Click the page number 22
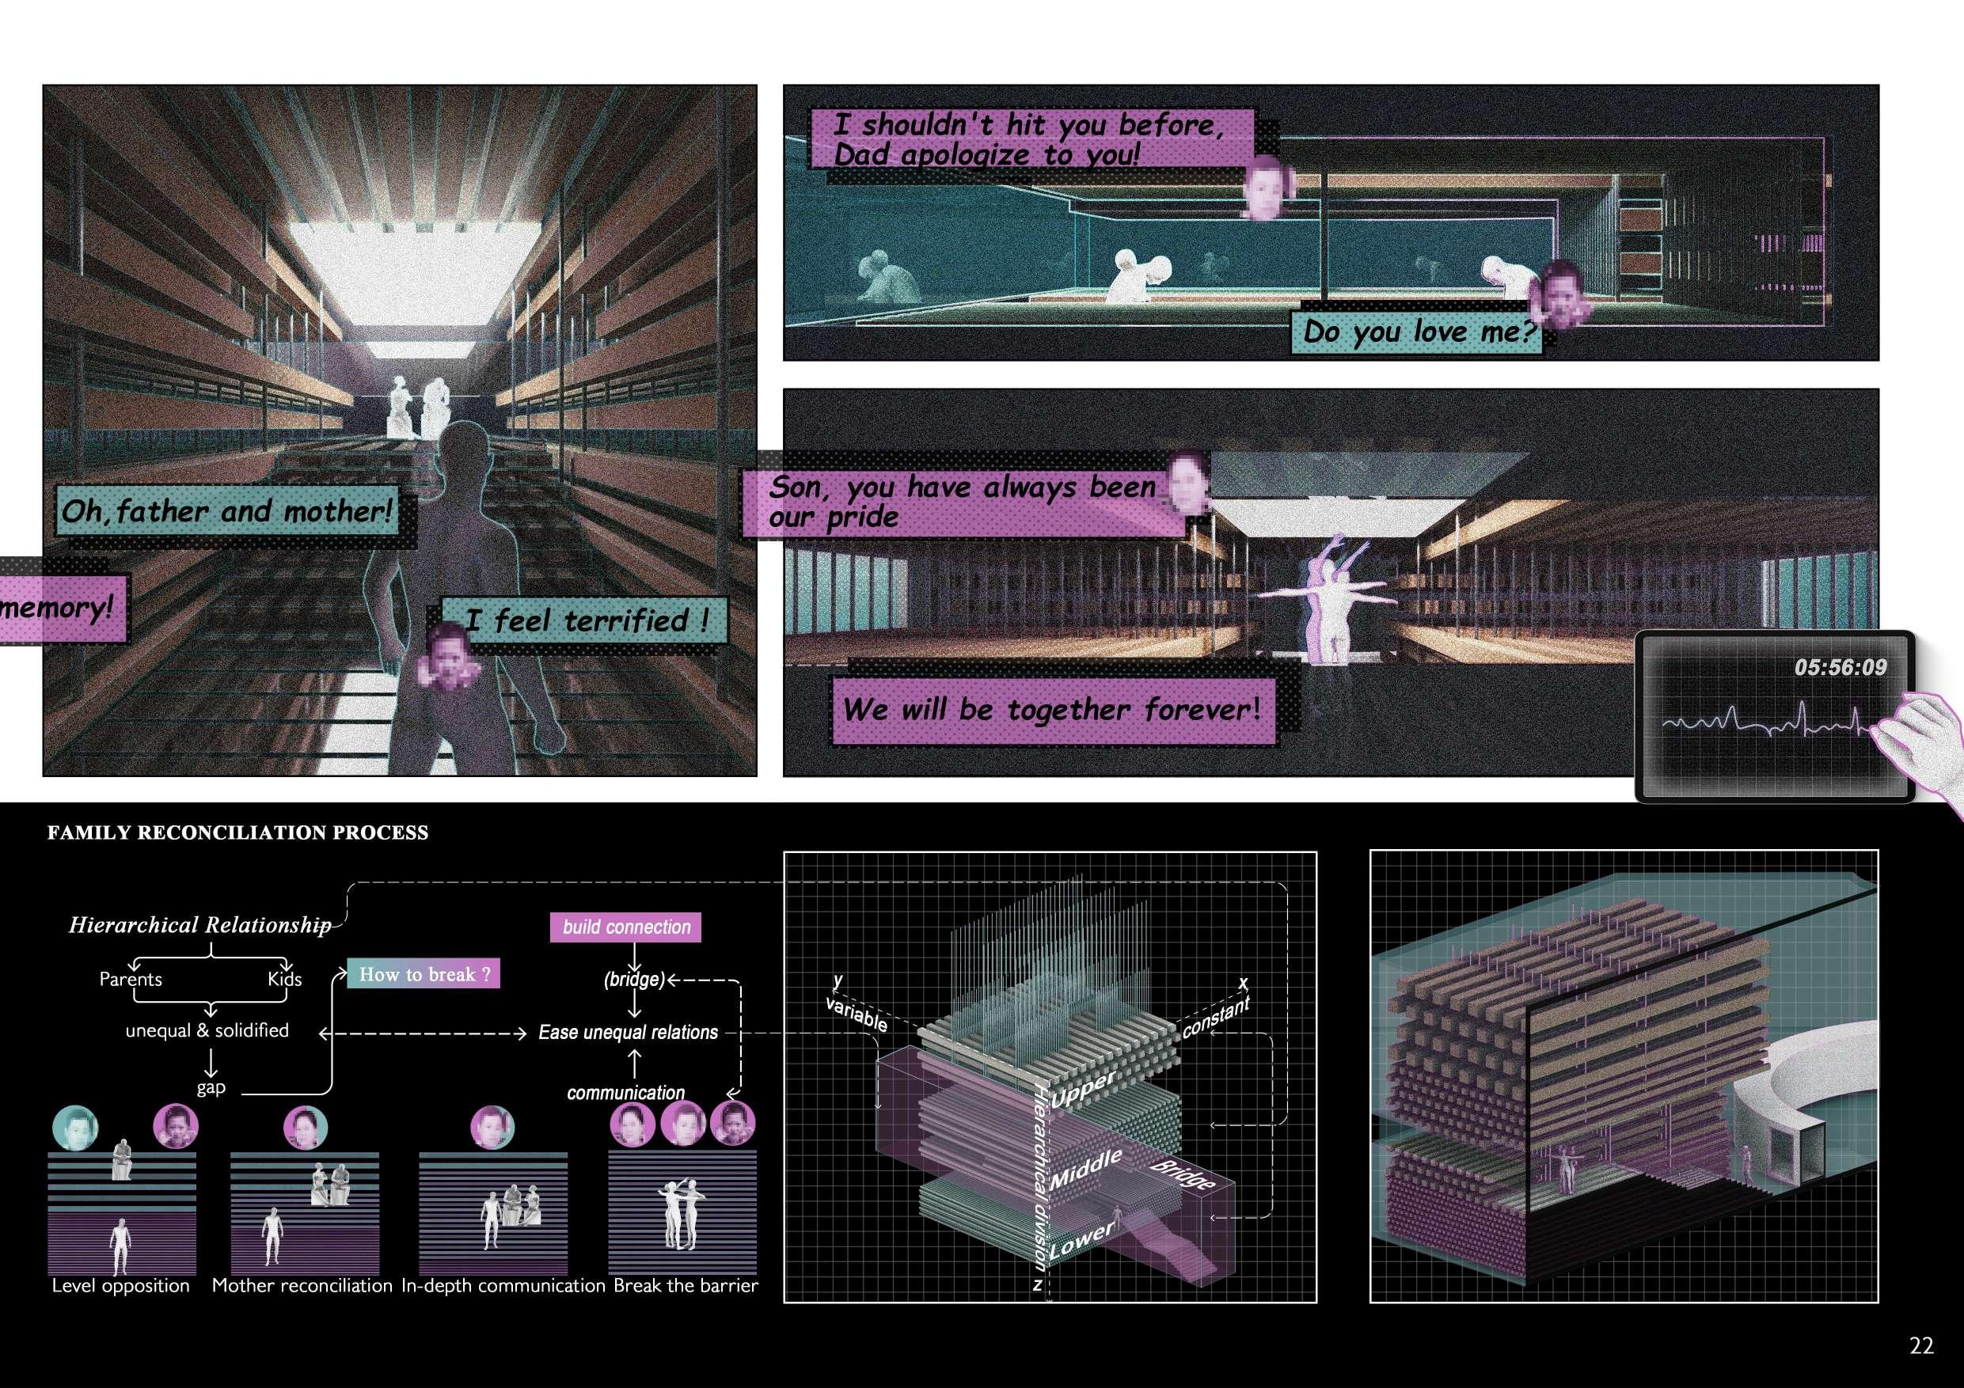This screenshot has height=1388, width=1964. coord(1921,1346)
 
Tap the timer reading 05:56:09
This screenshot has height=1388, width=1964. coord(1840,667)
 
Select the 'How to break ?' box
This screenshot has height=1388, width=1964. coord(424,974)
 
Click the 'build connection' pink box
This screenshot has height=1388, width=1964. coord(626,927)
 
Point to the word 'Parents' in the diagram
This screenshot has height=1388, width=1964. coord(130,979)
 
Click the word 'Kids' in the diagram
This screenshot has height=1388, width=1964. coord(284,979)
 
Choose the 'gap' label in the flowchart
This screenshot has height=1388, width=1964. coord(211,1087)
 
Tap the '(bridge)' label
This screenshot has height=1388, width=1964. coord(634,979)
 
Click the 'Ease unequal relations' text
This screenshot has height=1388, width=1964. coord(628,1032)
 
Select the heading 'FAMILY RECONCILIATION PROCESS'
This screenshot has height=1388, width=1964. coord(237,833)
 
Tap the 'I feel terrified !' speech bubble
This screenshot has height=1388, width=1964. coord(587,620)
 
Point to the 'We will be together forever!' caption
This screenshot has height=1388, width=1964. coord(1051,710)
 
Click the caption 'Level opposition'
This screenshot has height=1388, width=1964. coord(120,1285)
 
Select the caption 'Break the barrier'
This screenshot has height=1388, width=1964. coord(686,1285)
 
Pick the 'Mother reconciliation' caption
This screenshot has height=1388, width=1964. coord(302,1285)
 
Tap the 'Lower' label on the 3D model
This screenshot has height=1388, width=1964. coord(1082,1239)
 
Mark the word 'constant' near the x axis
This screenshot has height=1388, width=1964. coord(1215,1017)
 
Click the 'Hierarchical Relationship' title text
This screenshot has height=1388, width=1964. coord(199,925)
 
